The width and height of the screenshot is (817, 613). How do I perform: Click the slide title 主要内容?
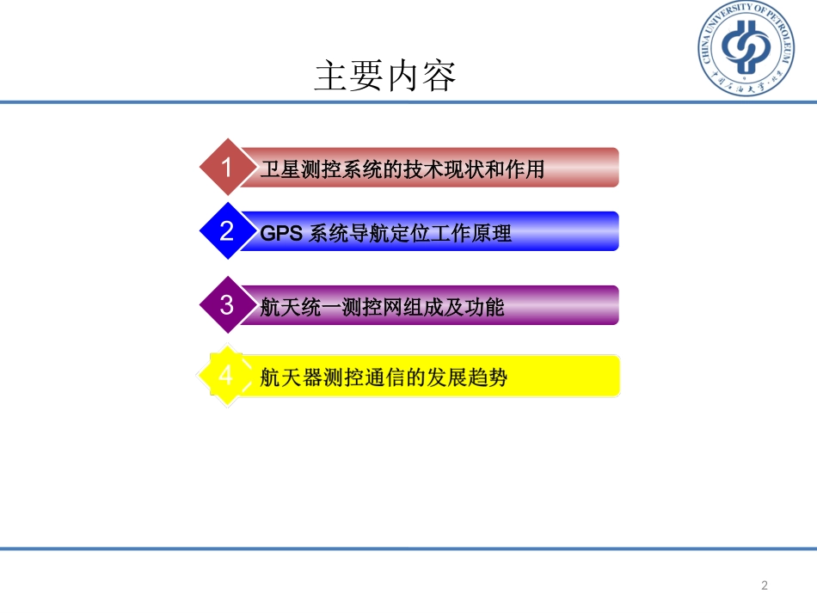tap(385, 77)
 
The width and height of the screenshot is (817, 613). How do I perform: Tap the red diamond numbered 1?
tap(227, 167)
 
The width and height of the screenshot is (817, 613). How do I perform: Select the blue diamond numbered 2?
tap(227, 230)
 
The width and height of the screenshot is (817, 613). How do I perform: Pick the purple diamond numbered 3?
tap(227, 304)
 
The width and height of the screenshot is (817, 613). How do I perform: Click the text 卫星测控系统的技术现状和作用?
tap(402, 169)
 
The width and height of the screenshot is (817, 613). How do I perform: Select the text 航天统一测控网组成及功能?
tap(382, 307)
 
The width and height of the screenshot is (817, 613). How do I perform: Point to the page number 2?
tap(765, 586)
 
